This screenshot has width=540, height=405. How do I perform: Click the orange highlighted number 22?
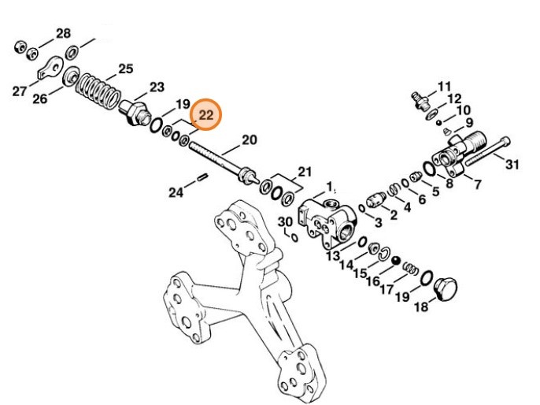pos(206,115)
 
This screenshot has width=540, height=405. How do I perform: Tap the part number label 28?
pos(63,33)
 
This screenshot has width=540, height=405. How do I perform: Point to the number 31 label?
pos(512,165)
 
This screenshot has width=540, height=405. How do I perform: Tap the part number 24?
pos(176,191)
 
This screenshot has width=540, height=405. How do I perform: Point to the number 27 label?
pos(20,91)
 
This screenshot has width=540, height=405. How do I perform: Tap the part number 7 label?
pos(477,184)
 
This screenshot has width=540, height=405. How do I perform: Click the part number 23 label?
pos(157,87)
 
